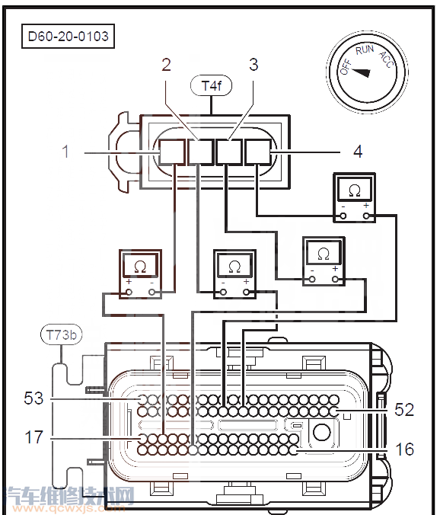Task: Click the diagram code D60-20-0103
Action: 69,36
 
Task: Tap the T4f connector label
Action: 212,86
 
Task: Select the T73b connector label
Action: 62,335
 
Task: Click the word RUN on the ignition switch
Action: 365,50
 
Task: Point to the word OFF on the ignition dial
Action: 346,67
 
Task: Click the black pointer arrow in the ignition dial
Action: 362,72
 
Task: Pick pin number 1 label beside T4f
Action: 65,152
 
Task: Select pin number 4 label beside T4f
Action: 358,152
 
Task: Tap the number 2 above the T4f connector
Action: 167,65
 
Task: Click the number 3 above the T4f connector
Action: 253,65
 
